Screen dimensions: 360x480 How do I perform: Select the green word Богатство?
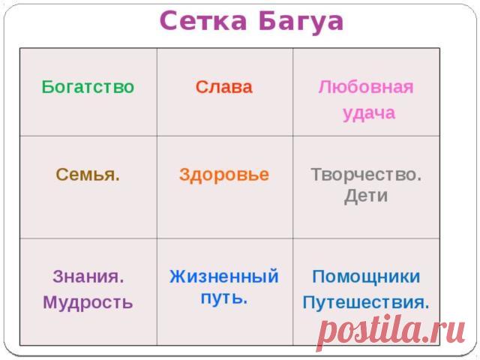tap(88, 87)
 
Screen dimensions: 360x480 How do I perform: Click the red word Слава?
tap(224, 87)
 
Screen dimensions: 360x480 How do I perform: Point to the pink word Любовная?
tap(366, 87)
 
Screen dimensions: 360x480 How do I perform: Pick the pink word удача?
tap(368, 114)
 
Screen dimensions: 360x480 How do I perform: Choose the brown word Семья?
tap(88, 175)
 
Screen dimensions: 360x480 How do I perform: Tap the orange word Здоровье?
tap(224, 175)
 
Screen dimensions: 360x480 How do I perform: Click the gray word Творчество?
tap(366, 175)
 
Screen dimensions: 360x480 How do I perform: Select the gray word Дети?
tap(365, 196)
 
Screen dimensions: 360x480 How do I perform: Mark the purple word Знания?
tap(88, 277)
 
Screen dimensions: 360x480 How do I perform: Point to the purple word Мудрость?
tap(88, 303)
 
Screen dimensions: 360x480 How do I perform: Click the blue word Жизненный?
tap(224, 277)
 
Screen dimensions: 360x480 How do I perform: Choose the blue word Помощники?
tap(366, 277)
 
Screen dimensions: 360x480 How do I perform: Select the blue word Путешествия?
tap(366, 303)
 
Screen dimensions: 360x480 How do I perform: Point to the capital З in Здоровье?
tap(184, 175)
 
